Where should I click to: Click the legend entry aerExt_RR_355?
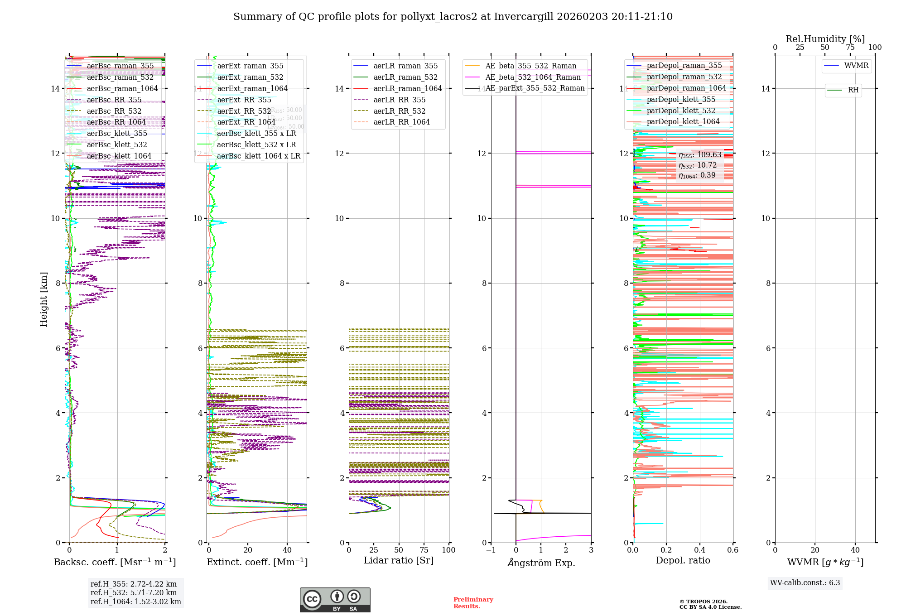pyautogui.click(x=244, y=100)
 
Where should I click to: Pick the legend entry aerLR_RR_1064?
pyautogui.click(x=401, y=122)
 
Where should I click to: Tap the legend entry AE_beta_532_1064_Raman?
pyautogui.click(x=533, y=77)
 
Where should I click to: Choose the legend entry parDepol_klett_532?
pyautogui.click(x=681, y=111)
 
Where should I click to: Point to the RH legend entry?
pyautogui.click(x=853, y=90)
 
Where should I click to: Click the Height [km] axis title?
pyautogui.click(x=43, y=299)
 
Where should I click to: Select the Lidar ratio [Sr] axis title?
pyautogui.click(x=399, y=560)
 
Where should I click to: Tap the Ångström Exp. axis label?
pyautogui.click(x=541, y=563)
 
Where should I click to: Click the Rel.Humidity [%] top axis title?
pyautogui.click(x=825, y=39)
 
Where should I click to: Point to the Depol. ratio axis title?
pyautogui.click(x=683, y=560)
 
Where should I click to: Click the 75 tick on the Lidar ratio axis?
pyautogui.click(x=424, y=550)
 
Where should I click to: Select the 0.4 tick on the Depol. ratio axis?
pyautogui.click(x=699, y=550)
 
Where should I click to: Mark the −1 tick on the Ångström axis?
pyautogui.click(x=491, y=550)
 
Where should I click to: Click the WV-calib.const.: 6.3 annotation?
pyautogui.click(x=805, y=582)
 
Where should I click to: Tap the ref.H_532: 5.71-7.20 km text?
pyautogui.click(x=134, y=592)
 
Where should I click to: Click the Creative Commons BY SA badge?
pyautogui.click(x=335, y=600)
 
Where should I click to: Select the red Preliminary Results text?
pyautogui.click(x=473, y=602)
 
